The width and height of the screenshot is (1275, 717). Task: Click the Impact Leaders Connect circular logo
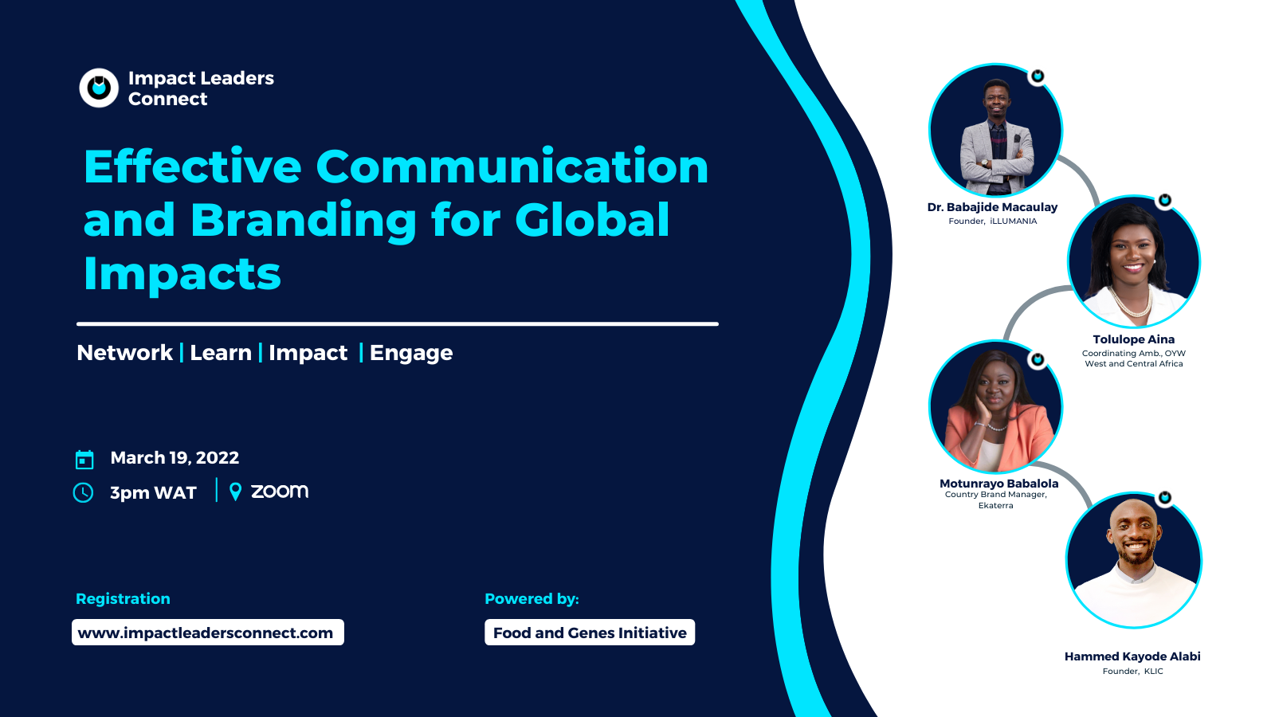[99, 88]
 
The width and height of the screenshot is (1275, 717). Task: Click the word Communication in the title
[512, 167]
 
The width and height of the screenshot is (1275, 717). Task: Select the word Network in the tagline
[124, 353]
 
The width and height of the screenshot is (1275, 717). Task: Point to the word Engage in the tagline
[411, 354]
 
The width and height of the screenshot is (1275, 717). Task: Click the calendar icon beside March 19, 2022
[84, 459]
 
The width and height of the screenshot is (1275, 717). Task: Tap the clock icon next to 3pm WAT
[83, 493]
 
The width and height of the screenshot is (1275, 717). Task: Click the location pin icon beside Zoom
[235, 492]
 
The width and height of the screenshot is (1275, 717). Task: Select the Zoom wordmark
[280, 492]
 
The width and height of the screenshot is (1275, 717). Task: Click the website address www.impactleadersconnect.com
[206, 633]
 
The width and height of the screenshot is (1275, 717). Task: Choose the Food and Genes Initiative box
[590, 633]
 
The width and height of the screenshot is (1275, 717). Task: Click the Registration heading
[123, 598]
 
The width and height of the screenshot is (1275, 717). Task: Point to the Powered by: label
[532, 598]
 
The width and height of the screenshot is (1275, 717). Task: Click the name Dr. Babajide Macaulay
[992, 207]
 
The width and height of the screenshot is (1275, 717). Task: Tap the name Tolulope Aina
[1133, 339]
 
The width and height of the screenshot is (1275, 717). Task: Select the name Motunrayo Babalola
[999, 483]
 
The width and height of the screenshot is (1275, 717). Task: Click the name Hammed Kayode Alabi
[1132, 656]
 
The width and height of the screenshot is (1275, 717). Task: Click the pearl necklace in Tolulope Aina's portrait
[1134, 302]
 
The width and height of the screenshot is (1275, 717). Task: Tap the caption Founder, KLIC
[1132, 672]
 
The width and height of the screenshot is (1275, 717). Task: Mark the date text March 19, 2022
[175, 458]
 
